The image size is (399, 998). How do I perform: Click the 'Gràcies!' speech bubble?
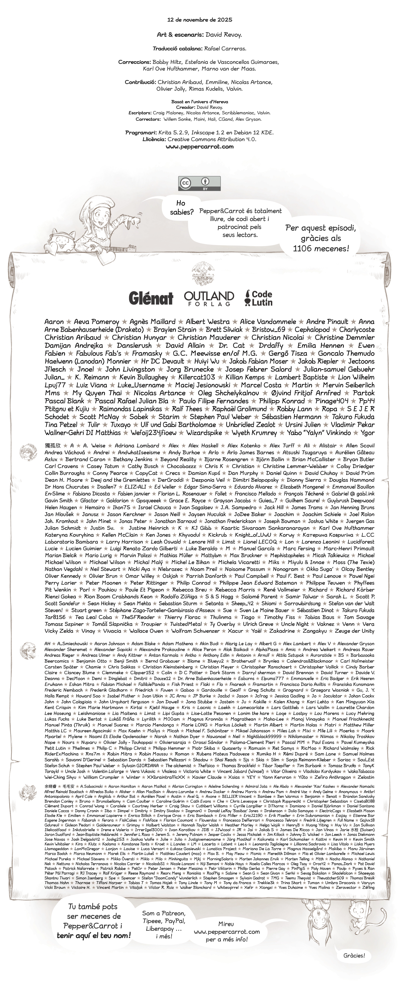coord(354,955)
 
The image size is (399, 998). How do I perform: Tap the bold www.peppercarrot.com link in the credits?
coord(199,147)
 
